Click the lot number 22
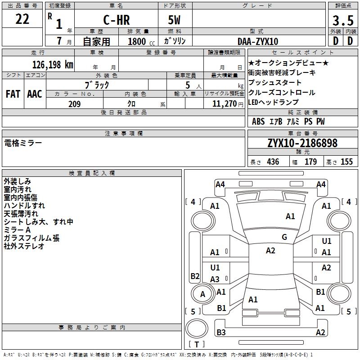click(x=22, y=19)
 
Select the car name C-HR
click(x=117, y=20)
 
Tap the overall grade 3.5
click(x=343, y=20)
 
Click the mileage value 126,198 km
click(x=53, y=65)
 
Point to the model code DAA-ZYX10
click(x=258, y=41)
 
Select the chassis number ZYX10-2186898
click(x=302, y=143)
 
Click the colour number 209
click(x=74, y=104)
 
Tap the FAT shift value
click(x=13, y=94)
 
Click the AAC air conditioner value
click(x=35, y=94)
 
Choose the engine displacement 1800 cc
click(x=141, y=41)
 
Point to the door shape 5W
click(x=174, y=20)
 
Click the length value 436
click(x=273, y=162)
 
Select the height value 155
click(x=346, y=162)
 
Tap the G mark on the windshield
click(x=284, y=237)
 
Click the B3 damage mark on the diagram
click(x=221, y=332)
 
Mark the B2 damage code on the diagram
click(x=195, y=276)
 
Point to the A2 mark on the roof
click(x=270, y=251)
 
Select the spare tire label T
click(x=197, y=344)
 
